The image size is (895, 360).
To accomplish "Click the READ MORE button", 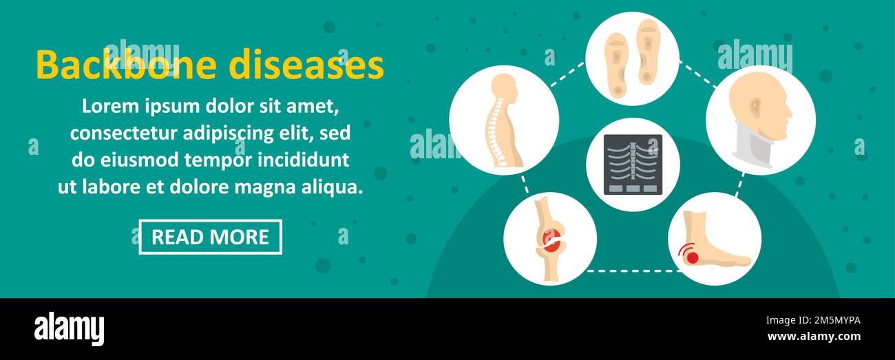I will tap(210, 237).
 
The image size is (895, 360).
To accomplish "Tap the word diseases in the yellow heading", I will tap(306, 66).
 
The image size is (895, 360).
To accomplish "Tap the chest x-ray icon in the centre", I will tap(633, 165).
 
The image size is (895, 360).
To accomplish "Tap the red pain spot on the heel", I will tap(691, 256).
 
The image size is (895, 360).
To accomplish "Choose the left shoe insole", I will tap(617, 59).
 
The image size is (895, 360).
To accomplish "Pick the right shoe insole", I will tap(648, 51).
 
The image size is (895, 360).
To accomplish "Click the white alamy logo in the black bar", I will tap(69, 329).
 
